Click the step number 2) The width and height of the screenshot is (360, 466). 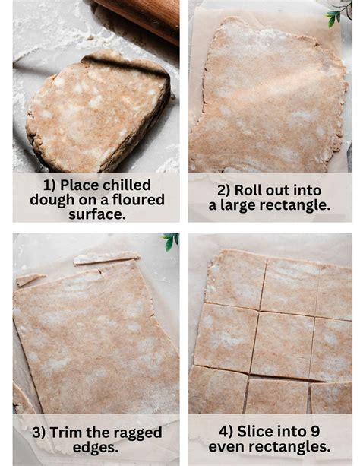point(226,191)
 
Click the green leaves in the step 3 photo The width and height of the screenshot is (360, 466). point(171,241)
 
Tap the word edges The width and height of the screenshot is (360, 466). point(96,447)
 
